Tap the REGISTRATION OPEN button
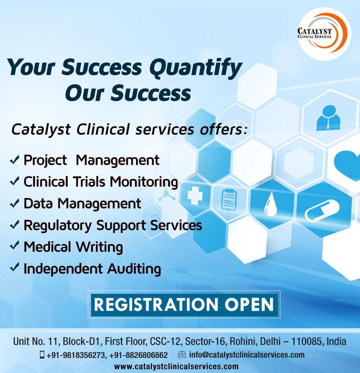184,304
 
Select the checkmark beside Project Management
15,160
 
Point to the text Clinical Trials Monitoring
100,182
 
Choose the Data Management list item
82,203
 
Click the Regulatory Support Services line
112,225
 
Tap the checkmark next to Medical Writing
15,247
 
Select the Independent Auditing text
92,269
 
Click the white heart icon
348,162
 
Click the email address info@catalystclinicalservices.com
247,355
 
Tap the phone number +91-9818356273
76,355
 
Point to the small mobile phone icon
42,355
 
